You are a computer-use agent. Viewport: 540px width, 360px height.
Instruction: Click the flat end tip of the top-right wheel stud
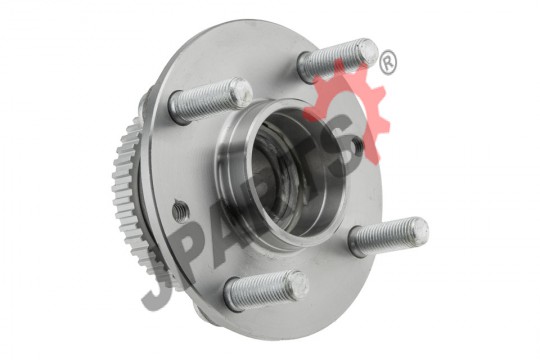[x=368, y=52]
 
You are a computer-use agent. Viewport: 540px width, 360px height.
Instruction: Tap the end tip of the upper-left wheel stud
[x=242, y=91]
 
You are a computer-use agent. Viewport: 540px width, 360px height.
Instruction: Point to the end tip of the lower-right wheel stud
[x=418, y=230]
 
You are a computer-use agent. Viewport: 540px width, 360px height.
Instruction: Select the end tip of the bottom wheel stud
[x=298, y=285]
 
